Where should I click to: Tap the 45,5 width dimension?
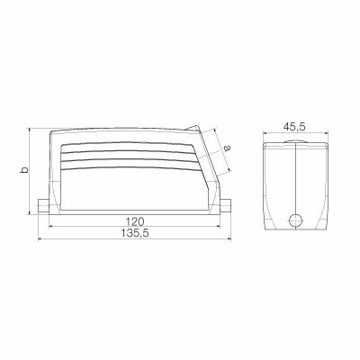coord(294,128)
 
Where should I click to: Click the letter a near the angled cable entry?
coord(227,148)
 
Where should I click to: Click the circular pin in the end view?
coord(294,220)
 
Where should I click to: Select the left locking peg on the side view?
coord(43,206)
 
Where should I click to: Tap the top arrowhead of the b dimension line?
coord(31,128)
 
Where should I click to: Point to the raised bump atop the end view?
coord(294,140)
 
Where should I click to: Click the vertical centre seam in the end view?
coord(294,180)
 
